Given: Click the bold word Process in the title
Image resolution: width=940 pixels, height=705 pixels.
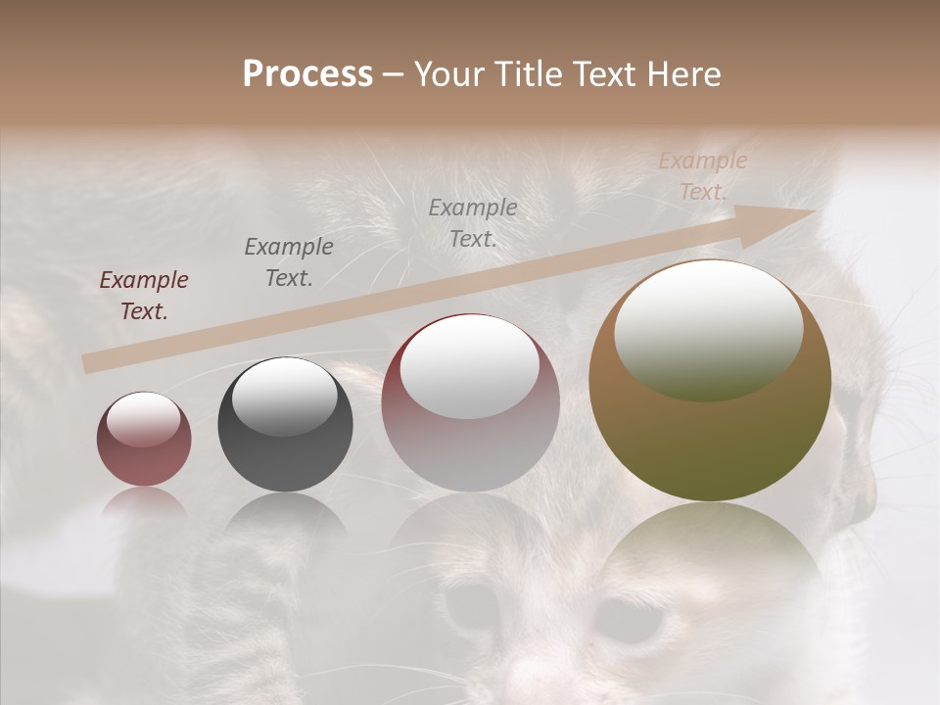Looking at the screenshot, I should coord(307,74).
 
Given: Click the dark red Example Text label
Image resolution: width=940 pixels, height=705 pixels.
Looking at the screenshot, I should coord(144,296).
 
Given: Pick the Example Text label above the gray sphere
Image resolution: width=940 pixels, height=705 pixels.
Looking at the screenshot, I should coord(289,261).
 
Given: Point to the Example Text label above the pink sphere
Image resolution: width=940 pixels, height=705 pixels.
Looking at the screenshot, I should coord(473,222).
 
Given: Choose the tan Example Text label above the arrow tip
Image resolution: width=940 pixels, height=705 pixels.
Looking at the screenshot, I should coord(703,176).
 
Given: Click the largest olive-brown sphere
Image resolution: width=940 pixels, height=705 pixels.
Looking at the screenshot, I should coord(710,441).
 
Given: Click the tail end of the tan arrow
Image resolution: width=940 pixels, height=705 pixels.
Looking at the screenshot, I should coord(91,363).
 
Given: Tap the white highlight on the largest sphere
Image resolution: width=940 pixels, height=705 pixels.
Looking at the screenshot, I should coord(708,328).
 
